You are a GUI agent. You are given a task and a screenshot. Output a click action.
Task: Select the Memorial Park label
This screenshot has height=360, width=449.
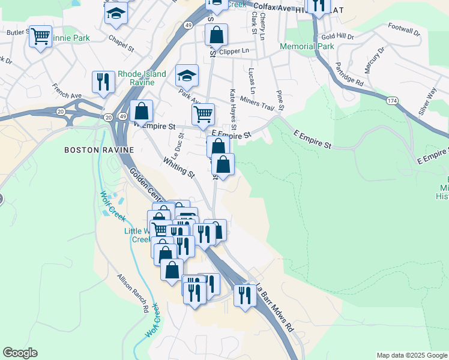pyautogui.click(x=308, y=46)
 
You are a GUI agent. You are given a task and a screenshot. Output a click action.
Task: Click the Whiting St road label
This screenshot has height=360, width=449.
pyautogui.click(x=179, y=167)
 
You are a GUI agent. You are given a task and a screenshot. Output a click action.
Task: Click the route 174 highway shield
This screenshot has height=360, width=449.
pyautogui.click(x=392, y=100)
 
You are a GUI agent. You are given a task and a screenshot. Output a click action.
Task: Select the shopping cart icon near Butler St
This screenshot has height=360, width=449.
pyautogui.click(x=41, y=37)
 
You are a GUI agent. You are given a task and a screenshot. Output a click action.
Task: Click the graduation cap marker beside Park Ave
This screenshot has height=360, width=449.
pyautogui.click(x=187, y=76)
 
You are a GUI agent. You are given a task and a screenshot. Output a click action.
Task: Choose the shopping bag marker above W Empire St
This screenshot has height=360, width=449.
pyautogui.click(x=141, y=111)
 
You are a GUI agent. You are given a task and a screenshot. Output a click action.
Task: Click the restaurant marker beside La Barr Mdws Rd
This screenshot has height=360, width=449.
pyautogui.click(x=244, y=295)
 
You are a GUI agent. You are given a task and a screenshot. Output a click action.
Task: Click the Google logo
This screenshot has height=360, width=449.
pyautogui.click(x=20, y=353)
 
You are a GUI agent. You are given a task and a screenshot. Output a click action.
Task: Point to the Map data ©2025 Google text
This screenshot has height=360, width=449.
pyautogui.click(x=411, y=355)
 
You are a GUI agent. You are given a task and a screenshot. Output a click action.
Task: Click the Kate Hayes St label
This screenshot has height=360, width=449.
pyautogui.click(x=233, y=109)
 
